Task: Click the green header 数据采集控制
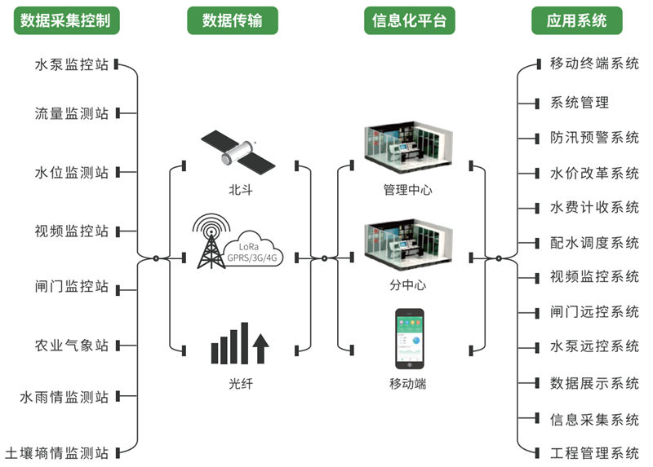coord(67,20)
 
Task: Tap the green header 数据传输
coord(233,20)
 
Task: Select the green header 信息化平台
coord(410,20)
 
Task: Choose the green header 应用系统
coord(577,20)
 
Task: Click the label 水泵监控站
coord(72,64)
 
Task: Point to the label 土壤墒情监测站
coord(57,452)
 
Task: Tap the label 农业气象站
coord(72,345)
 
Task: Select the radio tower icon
coord(211,241)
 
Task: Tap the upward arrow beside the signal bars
coord(260,349)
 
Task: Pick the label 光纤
coord(241,383)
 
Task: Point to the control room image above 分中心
coord(408,245)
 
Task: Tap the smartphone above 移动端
coord(410,339)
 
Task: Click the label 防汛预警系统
coord(594,138)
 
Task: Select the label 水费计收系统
coord(594,207)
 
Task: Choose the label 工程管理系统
coord(594,453)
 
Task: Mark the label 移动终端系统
coord(594,64)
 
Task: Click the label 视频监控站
coord(72,231)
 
